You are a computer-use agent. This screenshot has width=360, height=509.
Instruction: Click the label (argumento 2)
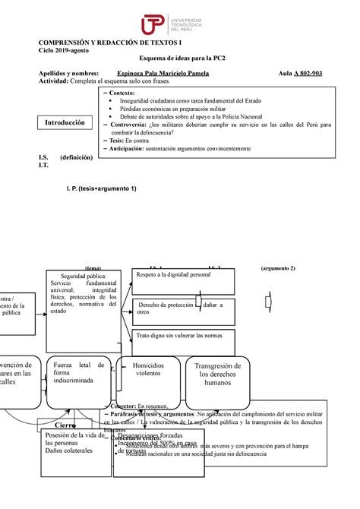(x=277, y=268)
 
